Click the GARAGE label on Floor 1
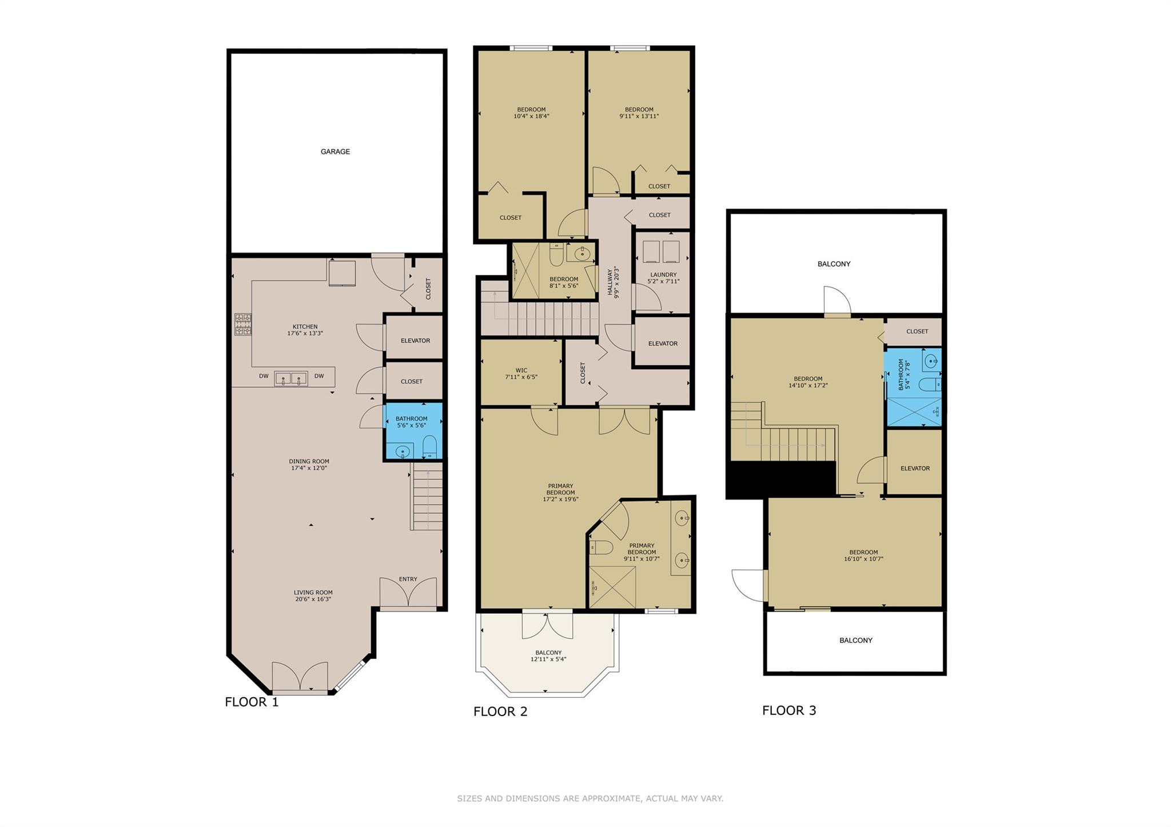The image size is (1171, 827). [335, 151]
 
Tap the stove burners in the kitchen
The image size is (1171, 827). [242, 324]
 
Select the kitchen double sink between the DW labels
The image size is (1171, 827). [291, 378]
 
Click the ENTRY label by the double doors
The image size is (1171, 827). [408, 579]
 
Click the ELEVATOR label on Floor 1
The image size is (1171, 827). [415, 341]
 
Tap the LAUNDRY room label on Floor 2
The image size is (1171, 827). [663, 275]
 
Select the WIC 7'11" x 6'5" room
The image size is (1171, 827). [521, 373]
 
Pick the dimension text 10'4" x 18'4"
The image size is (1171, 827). [531, 116]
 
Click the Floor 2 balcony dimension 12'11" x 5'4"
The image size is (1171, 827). [548, 659]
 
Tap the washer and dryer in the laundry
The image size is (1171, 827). [661, 251]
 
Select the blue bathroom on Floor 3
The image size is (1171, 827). [913, 387]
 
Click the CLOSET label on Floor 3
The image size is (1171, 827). [917, 331]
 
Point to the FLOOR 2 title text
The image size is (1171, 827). [500, 712]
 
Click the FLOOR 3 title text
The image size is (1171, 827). [789, 710]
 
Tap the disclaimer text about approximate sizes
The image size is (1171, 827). [590, 798]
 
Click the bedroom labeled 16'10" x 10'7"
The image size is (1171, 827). [863, 556]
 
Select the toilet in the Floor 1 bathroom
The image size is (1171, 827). [429, 446]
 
